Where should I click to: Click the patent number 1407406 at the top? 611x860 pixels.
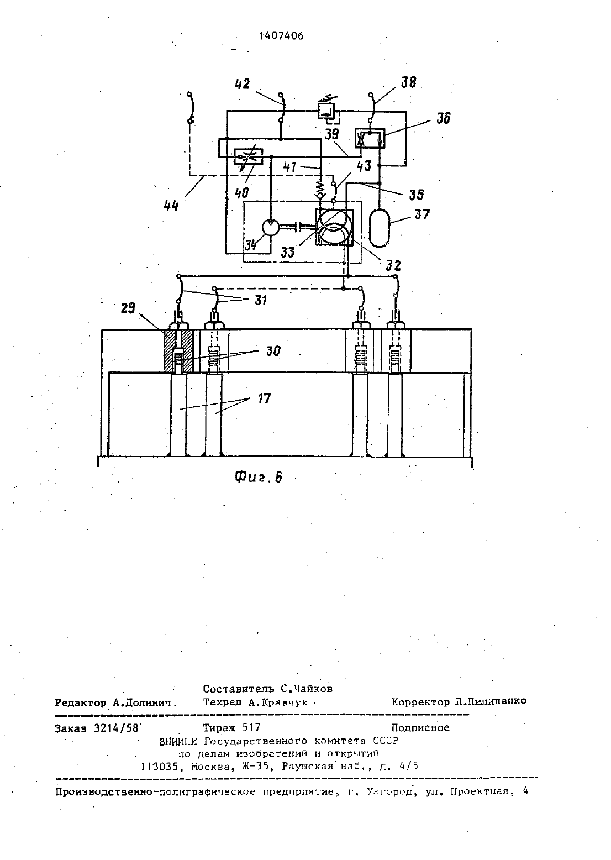[281, 36]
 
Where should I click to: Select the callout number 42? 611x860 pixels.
[242, 83]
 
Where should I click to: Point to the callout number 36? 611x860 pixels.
[443, 118]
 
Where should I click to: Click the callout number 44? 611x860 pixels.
[171, 207]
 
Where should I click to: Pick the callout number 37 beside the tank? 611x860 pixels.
[422, 214]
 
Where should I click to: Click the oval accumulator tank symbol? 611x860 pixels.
[379, 228]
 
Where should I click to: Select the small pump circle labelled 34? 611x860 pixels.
[271, 228]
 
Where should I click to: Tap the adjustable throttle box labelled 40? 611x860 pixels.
[249, 156]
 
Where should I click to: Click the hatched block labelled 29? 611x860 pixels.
[178, 350]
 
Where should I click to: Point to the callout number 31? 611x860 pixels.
[261, 300]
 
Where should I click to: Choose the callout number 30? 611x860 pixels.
[273, 351]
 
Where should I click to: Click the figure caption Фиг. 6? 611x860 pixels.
[259, 477]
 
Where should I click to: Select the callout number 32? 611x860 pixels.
[393, 265]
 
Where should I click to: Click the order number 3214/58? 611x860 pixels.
[117, 728]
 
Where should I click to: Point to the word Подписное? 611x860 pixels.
[420, 727]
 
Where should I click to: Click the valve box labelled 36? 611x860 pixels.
[370, 138]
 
